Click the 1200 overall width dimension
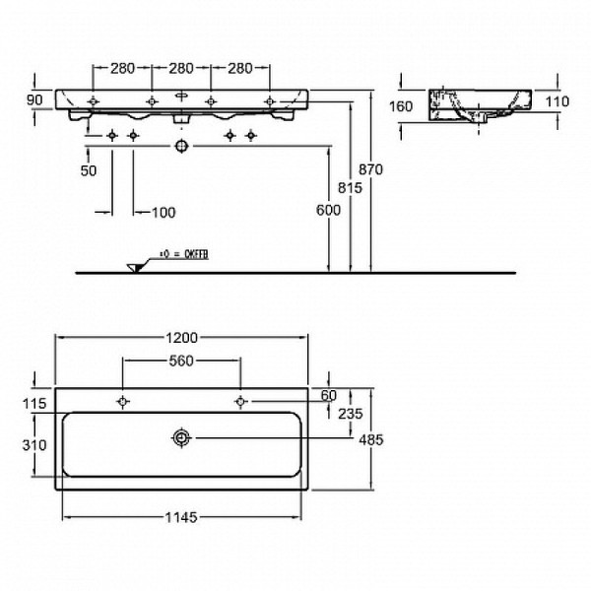(x=181, y=336)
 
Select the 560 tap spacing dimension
(x=181, y=361)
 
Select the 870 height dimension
(x=369, y=169)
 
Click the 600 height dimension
(x=327, y=210)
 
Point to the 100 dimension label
(x=163, y=213)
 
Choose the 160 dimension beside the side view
(x=401, y=107)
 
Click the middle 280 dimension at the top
(x=181, y=68)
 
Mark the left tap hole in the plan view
(x=122, y=401)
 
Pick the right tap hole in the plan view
(x=239, y=401)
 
